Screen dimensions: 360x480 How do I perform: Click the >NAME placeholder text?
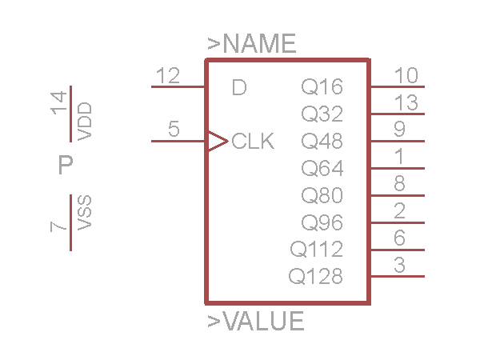pyautogui.click(x=252, y=44)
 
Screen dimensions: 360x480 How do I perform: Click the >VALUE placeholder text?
pyautogui.click(x=256, y=322)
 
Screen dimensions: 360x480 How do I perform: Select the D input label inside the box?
pyautogui.click(x=239, y=87)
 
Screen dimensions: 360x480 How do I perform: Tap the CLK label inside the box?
pyautogui.click(x=253, y=142)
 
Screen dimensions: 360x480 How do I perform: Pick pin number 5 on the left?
pyautogui.click(x=174, y=130)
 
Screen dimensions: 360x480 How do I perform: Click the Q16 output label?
pyautogui.click(x=322, y=87)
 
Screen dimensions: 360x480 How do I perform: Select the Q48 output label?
pyautogui.click(x=322, y=142)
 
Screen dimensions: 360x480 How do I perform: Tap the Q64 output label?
pyautogui.click(x=322, y=169)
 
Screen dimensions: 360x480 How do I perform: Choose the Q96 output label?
pyautogui.click(x=322, y=222)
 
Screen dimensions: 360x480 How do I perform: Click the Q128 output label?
pyautogui.click(x=316, y=277)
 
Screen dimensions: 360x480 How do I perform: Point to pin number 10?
pyautogui.click(x=406, y=76)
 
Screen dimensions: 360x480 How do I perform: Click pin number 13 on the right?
pyautogui.click(x=406, y=103)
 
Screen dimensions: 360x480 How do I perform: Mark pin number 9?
pyautogui.click(x=399, y=130)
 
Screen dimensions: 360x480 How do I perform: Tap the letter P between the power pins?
pyautogui.click(x=66, y=166)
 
